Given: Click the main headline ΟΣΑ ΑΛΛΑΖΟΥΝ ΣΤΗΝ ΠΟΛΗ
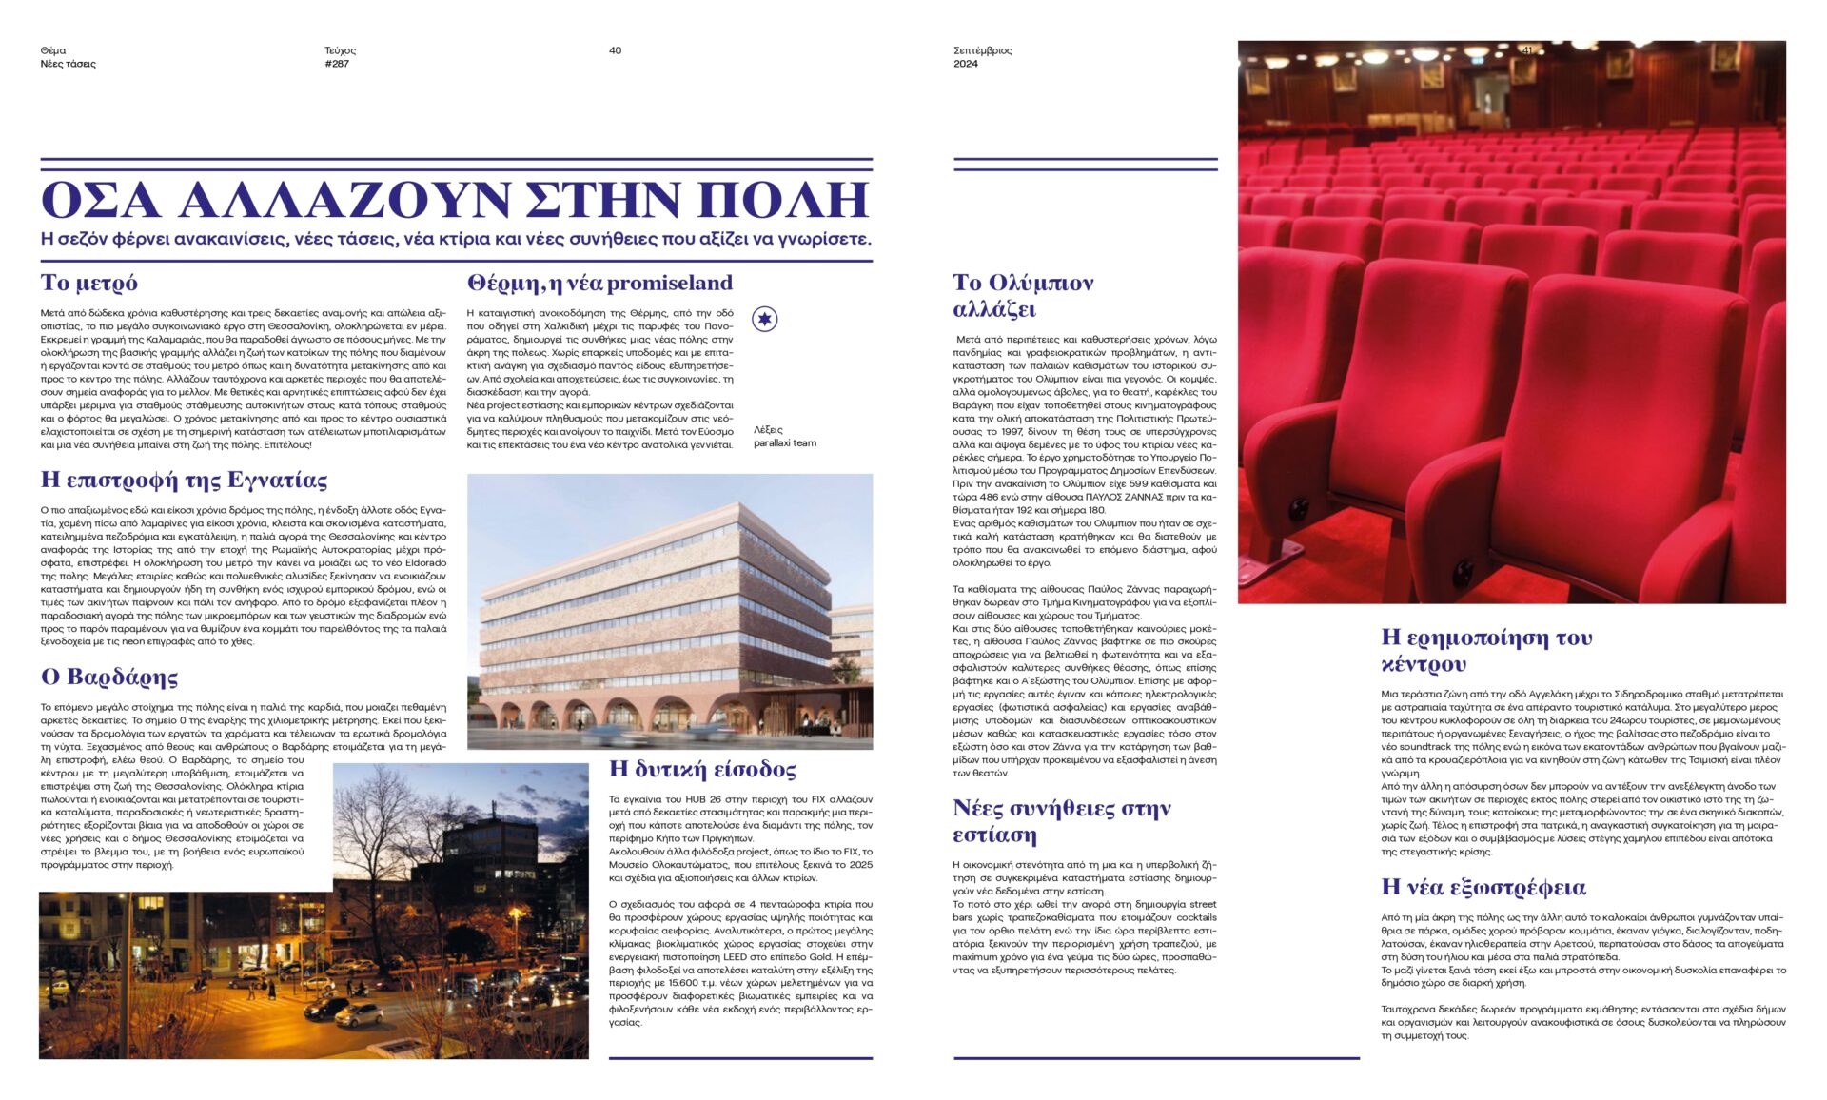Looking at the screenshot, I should tap(455, 200).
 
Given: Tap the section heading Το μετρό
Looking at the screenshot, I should tap(89, 283).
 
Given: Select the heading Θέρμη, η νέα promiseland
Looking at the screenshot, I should tap(599, 283).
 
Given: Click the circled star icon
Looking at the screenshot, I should tap(765, 319).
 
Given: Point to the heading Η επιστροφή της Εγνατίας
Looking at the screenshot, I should tap(184, 480).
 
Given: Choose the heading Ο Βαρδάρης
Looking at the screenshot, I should tap(109, 678).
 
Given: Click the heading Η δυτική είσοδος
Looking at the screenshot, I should tap(702, 769).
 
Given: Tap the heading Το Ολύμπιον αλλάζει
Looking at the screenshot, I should tap(1023, 296).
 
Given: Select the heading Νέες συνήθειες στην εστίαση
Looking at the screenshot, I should tap(1061, 821).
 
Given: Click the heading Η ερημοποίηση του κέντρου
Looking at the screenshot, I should tap(1486, 650).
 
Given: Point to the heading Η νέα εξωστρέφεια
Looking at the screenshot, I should tap(1483, 888).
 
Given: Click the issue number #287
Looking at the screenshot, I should tap(337, 64).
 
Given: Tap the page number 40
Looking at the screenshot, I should tap(615, 50).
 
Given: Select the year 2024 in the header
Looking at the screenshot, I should tap(965, 64).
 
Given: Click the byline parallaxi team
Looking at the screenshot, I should tap(784, 442).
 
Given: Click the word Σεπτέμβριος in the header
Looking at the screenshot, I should tap(982, 50).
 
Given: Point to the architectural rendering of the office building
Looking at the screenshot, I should tap(670, 611).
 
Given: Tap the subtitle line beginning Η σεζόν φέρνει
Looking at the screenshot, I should tap(455, 239).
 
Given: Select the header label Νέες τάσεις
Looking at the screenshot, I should tap(68, 64).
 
